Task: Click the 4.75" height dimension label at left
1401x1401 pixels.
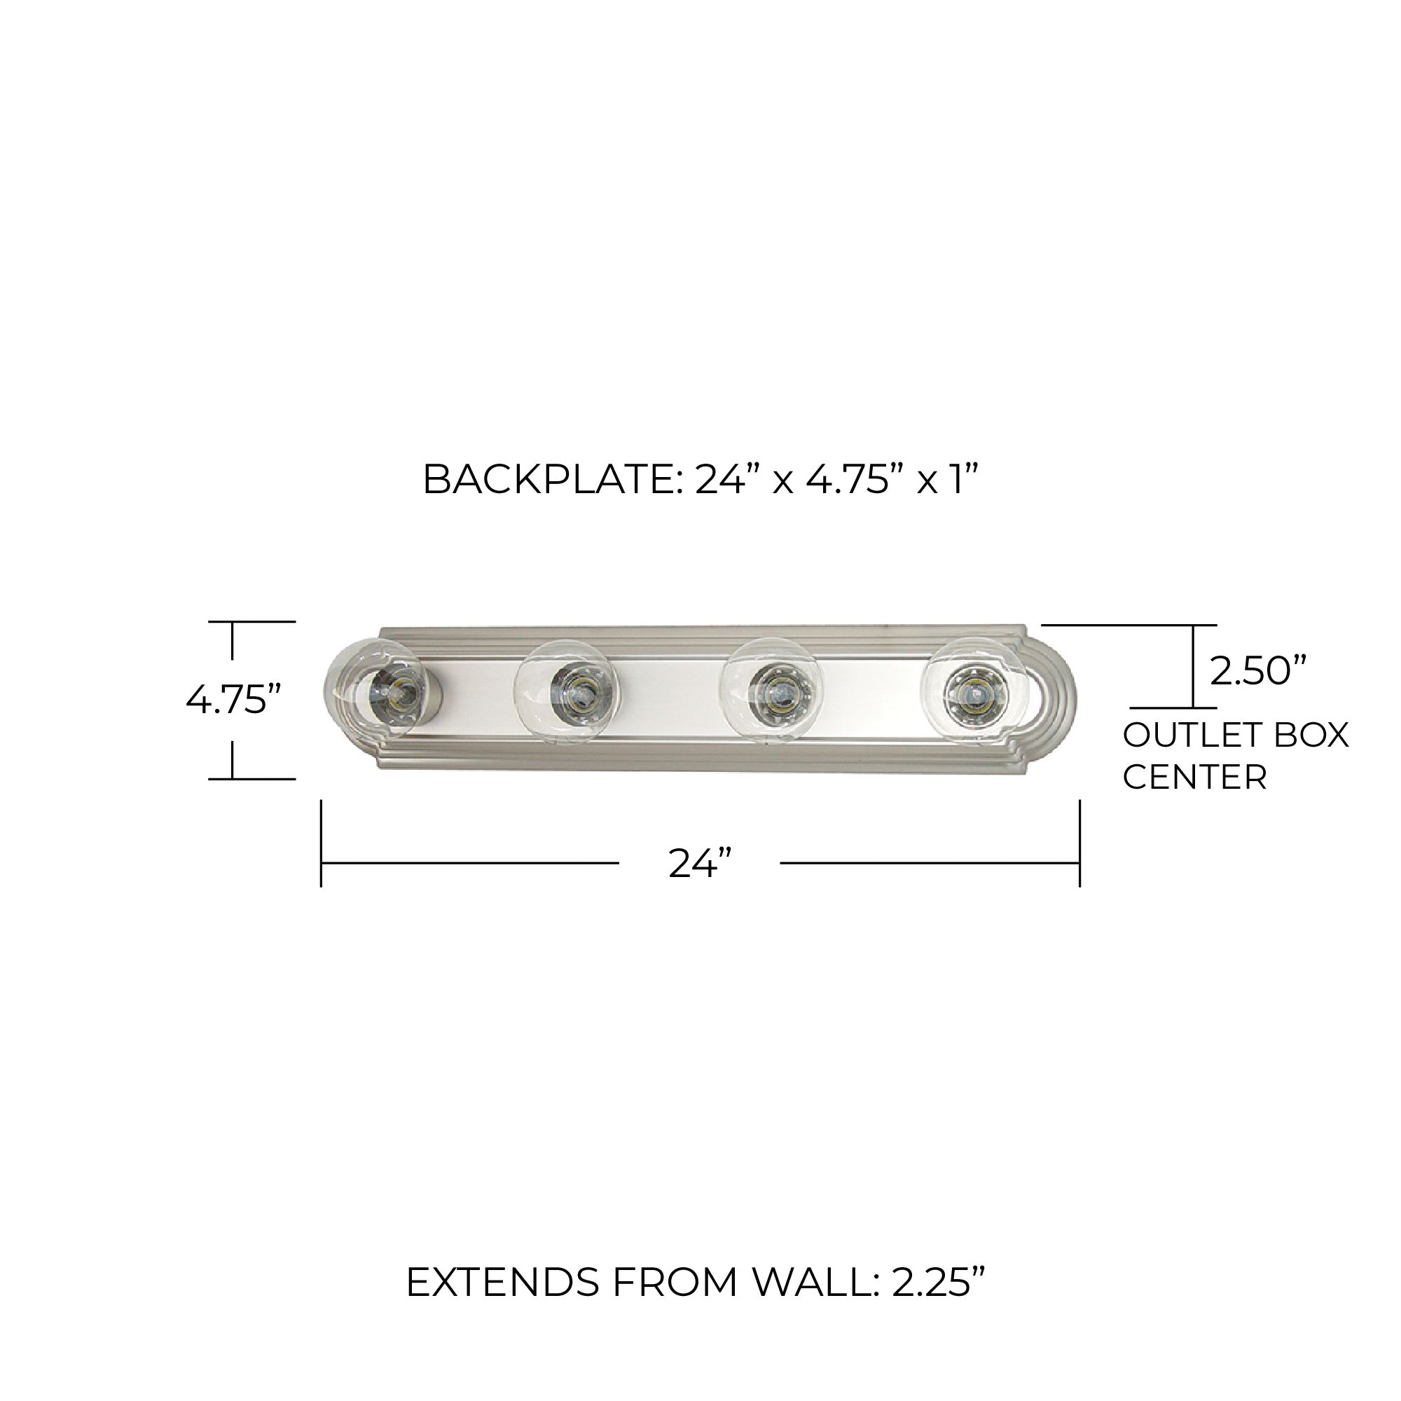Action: pyautogui.click(x=233, y=700)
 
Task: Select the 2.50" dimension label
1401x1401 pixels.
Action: pyautogui.click(x=1259, y=671)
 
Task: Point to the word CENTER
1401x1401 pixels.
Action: pyautogui.click(x=1194, y=778)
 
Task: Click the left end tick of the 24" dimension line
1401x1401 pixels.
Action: pyautogui.click(x=322, y=843)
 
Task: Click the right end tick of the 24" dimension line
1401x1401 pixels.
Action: pyautogui.click(x=1079, y=843)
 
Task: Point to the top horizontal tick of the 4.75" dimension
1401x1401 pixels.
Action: pyautogui.click(x=251, y=621)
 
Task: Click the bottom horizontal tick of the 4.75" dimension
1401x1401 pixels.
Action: pyautogui.click(x=251, y=779)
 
